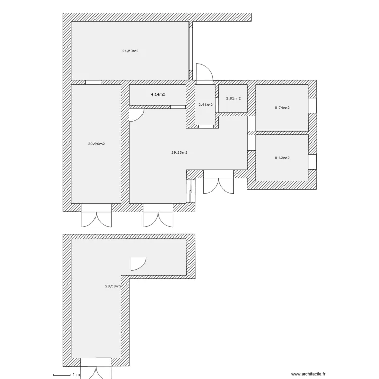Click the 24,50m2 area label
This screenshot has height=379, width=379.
tap(130, 51)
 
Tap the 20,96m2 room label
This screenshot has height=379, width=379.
tap(97, 144)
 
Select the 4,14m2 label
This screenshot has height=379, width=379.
tap(158, 94)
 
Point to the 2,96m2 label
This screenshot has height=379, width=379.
tap(205, 105)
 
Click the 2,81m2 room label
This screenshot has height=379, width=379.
tap(233, 98)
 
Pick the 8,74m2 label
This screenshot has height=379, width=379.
tap(282, 108)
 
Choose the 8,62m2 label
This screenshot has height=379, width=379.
tap(282, 158)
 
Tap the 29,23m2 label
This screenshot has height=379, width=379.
tap(179, 152)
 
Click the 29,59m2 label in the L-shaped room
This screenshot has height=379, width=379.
tap(113, 286)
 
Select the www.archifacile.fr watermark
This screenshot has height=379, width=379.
tap(308, 374)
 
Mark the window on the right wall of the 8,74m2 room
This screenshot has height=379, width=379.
tap(312, 105)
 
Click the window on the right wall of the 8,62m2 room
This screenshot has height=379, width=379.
tap(312, 162)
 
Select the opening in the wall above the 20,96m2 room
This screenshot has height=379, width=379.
tap(93, 82)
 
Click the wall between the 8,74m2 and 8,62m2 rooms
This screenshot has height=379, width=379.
tap(282, 133)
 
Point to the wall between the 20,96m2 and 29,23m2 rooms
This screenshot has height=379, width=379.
tap(125, 144)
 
